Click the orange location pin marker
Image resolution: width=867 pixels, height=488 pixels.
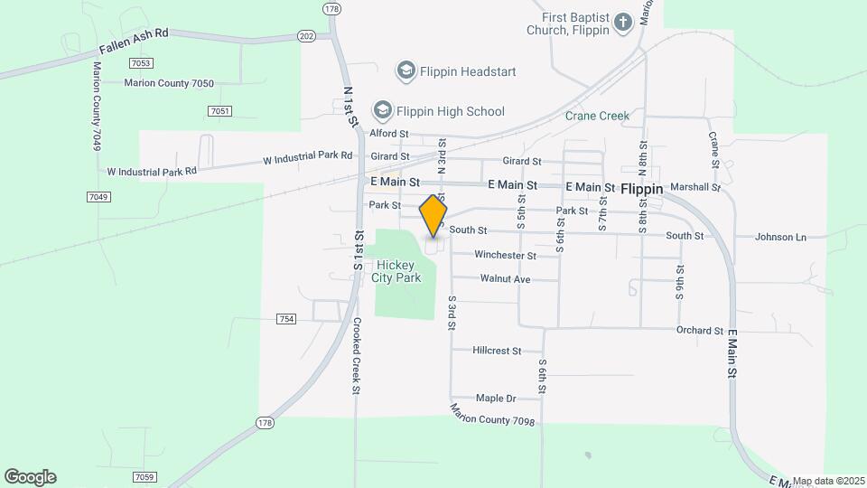433,216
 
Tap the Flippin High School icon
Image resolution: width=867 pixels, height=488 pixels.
382,110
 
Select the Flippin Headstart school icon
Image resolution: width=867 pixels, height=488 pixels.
406,70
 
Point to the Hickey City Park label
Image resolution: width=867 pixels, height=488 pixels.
397,271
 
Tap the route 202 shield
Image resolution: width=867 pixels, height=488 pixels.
305,35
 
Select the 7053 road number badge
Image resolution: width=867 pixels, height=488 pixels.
141,62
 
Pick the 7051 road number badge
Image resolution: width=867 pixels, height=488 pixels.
219,110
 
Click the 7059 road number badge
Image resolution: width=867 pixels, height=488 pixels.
144,476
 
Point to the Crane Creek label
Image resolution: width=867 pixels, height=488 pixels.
597,116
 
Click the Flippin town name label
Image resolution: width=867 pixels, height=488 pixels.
642,190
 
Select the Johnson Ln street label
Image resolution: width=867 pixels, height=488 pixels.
780,237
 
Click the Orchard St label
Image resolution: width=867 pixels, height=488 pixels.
700,330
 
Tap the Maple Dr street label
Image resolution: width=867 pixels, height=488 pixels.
496,398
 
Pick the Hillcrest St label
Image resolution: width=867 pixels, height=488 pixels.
497,350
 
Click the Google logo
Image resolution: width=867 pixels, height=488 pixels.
30,476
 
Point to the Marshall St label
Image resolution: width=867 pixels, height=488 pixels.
696,188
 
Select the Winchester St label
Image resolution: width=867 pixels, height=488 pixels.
506,255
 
